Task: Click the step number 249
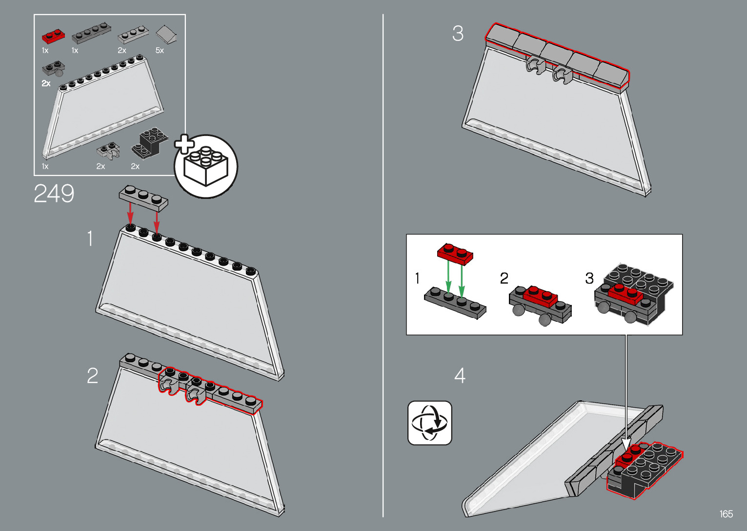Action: tap(54, 194)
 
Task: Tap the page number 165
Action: tap(726, 514)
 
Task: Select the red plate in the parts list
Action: tap(53, 37)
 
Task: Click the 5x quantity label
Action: tap(160, 51)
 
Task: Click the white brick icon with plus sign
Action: tap(205, 166)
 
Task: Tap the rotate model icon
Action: tap(429, 423)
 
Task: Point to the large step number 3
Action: tap(458, 34)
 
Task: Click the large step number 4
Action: tap(460, 375)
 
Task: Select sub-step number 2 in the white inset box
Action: tap(504, 278)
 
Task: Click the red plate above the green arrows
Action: tap(455, 254)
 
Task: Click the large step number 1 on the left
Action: tap(90, 239)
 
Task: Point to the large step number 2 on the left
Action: tap(92, 375)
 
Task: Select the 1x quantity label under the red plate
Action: tap(45, 51)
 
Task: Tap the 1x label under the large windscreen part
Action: tap(45, 167)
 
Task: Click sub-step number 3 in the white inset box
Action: tap(589, 278)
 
